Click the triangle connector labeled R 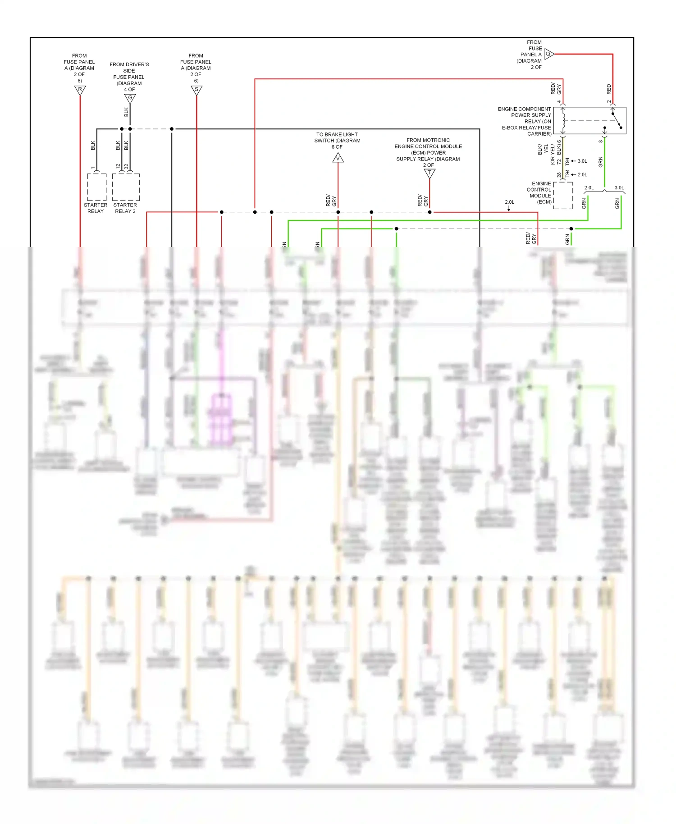point(80,90)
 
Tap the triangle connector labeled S point(196,90)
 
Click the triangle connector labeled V point(338,158)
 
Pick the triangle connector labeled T point(429,173)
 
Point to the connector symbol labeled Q point(548,54)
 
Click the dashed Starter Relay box point(96,187)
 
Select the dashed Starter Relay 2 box point(126,187)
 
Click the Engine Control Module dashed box point(563,196)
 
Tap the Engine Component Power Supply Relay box point(589,120)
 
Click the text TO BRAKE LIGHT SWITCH point(337,137)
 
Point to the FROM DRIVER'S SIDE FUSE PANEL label point(129,74)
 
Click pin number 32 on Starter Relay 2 point(127,166)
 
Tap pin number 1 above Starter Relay point(93,168)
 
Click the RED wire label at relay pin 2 point(609,89)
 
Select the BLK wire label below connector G point(126,112)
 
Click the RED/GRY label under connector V point(331,201)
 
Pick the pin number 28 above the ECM point(559,175)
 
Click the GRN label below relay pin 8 point(600,162)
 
